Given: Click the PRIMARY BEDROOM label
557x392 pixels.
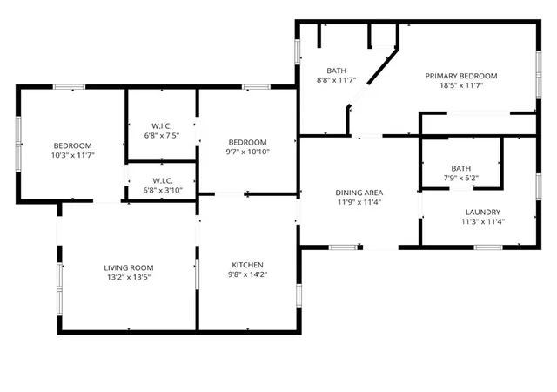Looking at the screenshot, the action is [461, 76].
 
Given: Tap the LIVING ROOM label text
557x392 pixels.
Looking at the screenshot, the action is [129, 267].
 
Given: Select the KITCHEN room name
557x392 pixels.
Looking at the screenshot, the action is [247, 265].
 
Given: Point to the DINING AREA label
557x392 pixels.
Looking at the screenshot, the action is [359, 193].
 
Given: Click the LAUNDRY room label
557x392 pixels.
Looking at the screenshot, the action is [483, 213].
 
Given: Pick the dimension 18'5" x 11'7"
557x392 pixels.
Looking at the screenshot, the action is [461, 85].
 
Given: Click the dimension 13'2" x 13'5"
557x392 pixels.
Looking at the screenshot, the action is [129, 277].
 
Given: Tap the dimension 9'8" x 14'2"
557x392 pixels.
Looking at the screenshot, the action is [247, 274].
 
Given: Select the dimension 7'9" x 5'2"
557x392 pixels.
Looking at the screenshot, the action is [460, 178].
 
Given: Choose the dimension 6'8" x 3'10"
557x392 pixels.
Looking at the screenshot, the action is [163, 190].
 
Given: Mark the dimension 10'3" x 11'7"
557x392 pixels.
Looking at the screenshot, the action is [73, 155].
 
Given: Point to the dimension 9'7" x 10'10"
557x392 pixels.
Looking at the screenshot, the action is [247, 152].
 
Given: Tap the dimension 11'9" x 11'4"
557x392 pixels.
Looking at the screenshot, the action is [359, 202].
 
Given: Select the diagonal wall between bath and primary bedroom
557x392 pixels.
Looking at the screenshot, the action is [383, 66].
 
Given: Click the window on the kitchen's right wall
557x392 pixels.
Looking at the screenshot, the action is [299, 295].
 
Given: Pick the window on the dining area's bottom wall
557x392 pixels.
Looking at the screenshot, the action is [343, 247].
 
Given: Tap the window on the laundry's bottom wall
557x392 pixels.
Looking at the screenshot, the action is [488, 247].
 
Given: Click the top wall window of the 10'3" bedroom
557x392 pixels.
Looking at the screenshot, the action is [70, 87].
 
